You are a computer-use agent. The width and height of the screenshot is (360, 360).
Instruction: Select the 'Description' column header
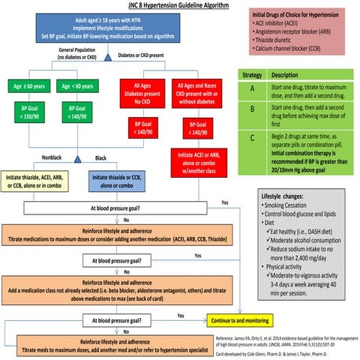[x=283, y=76]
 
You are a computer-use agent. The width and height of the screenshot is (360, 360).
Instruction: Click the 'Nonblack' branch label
[x=52, y=157]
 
